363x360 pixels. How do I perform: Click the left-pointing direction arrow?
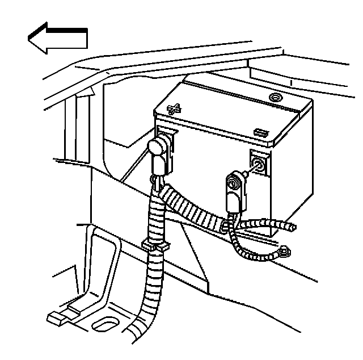[x=57, y=38]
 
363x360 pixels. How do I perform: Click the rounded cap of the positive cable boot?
[x=157, y=148]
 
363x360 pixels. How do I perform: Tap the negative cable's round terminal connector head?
[x=233, y=182]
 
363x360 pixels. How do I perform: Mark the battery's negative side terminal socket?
[x=258, y=166]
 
